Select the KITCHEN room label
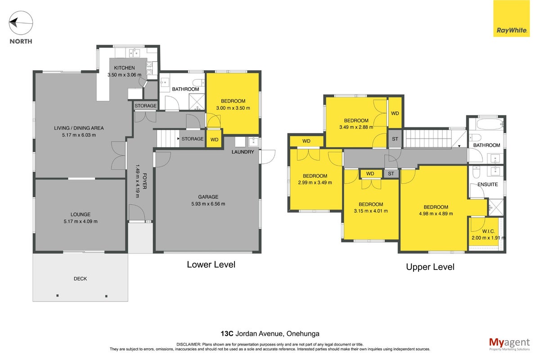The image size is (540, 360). point(124,68)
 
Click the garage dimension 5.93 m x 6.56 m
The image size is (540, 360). point(208,204)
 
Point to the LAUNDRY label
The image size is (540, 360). point(243,152)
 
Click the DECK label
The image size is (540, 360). point(80,279)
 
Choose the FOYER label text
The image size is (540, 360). point(144,181)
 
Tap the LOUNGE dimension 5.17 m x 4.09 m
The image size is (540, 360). point(81,221)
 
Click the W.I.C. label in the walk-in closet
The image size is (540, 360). point(489,231)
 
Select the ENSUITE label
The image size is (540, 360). point(488,184)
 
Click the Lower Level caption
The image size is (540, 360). point(211,265)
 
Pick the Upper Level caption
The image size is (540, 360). point(430,267)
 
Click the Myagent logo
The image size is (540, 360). point(509,344)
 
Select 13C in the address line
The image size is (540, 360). point(227,334)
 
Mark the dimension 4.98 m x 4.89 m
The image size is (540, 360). point(436,214)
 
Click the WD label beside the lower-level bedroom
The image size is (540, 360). point(214,140)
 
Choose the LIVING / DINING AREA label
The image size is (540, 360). point(79,128)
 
